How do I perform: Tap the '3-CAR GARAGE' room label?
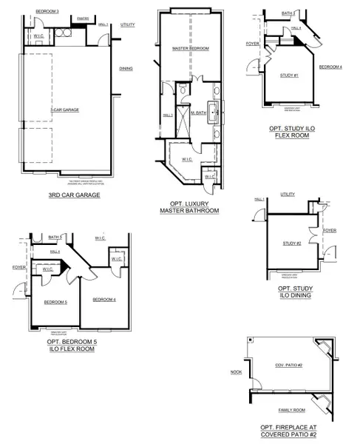click(x=64, y=110)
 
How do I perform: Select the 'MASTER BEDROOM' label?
click(x=191, y=48)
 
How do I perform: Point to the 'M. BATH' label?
click(x=198, y=113)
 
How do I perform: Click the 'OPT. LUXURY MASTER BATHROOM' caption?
click(x=190, y=207)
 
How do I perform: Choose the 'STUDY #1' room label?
click(x=289, y=75)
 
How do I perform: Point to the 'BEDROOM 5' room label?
click(x=55, y=302)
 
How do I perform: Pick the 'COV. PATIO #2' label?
click(x=290, y=366)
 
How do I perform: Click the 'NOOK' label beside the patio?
click(x=236, y=372)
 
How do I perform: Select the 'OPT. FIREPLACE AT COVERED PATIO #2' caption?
click(x=289, y=431)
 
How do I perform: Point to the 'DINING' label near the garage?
click(x=126, y=69)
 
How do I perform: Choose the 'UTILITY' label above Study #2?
click(x=288, y=194)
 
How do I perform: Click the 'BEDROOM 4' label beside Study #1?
click(x=330, y=67)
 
